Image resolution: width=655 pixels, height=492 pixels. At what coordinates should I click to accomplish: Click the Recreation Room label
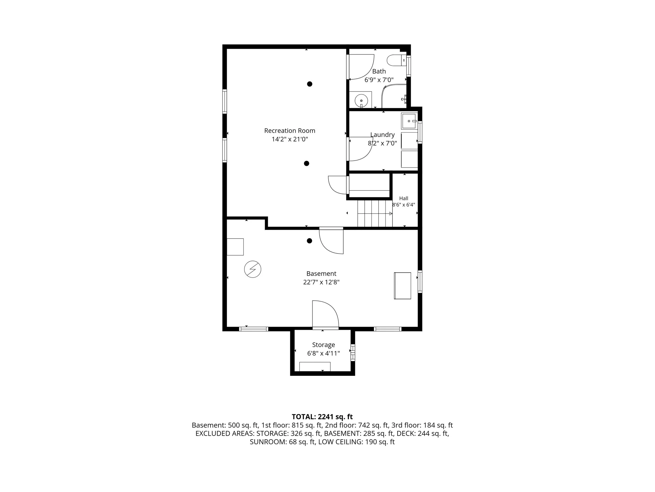point(290,131)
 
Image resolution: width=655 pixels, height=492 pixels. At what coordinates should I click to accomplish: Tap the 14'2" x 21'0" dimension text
point(290,139)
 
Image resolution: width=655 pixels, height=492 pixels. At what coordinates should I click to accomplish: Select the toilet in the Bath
point(396,60)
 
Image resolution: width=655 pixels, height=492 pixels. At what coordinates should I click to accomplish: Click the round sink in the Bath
point(361,101)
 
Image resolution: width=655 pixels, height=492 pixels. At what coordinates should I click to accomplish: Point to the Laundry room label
point(382,135)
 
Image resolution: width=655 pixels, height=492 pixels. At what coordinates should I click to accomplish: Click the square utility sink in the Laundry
point(409,121)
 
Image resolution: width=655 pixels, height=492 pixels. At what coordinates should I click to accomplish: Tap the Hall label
point(403,198)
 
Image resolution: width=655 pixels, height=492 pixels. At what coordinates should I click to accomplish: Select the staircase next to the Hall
point(375,214)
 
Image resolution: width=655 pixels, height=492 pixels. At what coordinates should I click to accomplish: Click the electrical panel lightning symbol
point(253,269)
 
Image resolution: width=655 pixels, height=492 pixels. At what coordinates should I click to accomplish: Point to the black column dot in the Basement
point(309,241)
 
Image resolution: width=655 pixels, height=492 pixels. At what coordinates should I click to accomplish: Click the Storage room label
point(323,345)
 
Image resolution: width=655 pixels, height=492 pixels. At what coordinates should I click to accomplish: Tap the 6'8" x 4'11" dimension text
point(323,353)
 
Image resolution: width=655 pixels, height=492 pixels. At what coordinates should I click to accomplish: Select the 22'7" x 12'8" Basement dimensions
point(321,282)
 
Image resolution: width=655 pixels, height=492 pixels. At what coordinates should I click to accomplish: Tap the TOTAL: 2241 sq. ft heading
point(322,417)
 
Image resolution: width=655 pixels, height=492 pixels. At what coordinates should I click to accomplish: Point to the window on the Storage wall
point(353,353)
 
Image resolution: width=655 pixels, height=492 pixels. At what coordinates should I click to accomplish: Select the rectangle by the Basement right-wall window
point(402,285)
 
